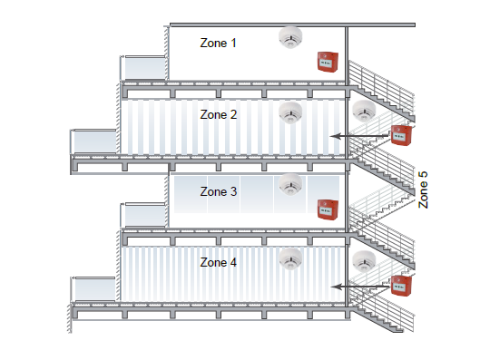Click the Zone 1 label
point(218,44)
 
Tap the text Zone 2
point(219,115)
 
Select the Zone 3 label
point(219,192)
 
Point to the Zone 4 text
point(219,262)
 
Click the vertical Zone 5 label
point(423,190)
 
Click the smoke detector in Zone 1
point(290,39)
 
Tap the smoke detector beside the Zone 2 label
point(290,112)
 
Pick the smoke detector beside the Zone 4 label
point(290,258)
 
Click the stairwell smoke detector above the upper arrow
point(364,112)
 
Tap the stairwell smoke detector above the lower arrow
point(364,261)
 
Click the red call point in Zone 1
point(326,62)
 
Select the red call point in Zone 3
point(326,209)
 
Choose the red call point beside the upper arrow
point(400,136)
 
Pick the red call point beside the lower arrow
point(400,284)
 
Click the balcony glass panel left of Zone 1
point(144,67)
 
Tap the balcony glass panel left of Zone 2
point(95,142)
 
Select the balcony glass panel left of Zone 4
point(95,289)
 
